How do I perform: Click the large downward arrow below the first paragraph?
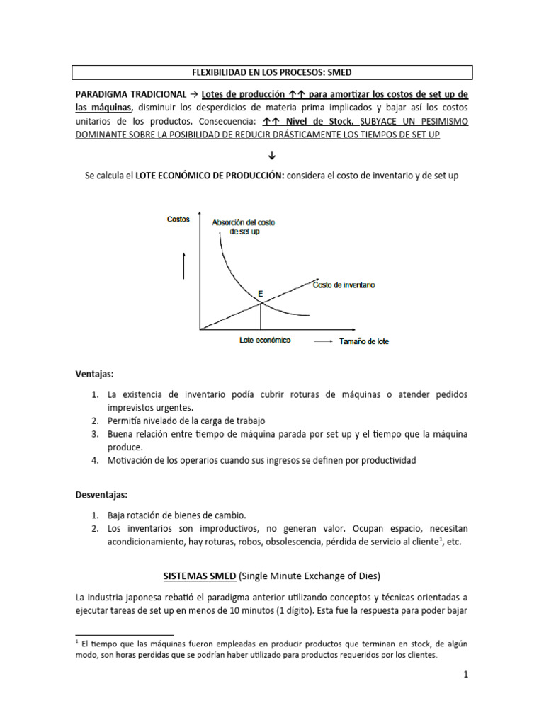(x=272, y=155)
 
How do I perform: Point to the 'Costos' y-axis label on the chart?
(x=178, y=219)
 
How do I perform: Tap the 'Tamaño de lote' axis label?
(x=363, y=341)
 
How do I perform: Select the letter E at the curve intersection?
(x=260, y=292)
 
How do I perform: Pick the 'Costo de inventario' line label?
(x=344, y=285)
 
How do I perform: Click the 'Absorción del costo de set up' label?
(x=244, y=227)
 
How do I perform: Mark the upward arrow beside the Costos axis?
(x=184, y=265)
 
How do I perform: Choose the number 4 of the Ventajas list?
(x=95, y=461)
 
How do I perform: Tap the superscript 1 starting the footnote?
(x=76, y=642)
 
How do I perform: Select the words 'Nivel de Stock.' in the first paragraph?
(x=317, y=121)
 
